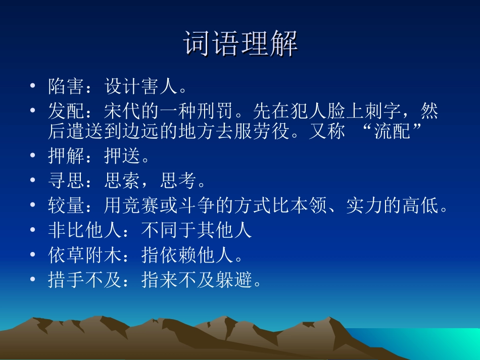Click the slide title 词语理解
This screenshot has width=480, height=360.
pyautogui.click(x=241, y=44)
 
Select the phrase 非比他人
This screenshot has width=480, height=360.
pyautogui.click(x=85, y=230)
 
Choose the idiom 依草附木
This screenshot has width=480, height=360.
pyautogui.click(x=85, y=255)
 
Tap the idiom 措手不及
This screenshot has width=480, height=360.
pyautogui.click(x=85, y=279)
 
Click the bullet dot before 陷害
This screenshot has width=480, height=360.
pyautogui.click(x=33, y=86)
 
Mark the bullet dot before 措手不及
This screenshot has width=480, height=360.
pyautogui.click(x=33, y=279)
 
